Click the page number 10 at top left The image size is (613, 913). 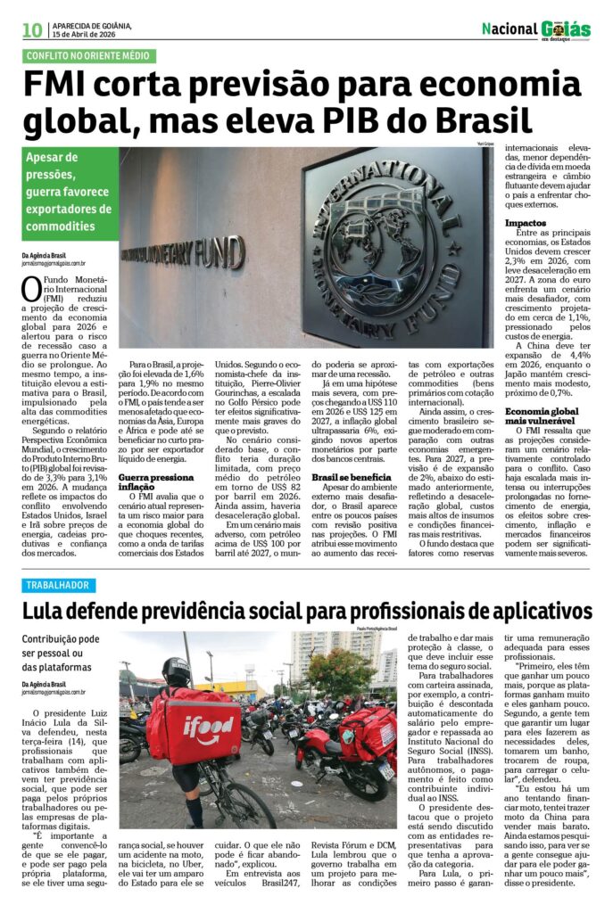(x=32, y=29)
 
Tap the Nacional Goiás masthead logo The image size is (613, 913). (x=536, y=29)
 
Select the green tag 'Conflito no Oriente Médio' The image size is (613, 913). (x=89, y=56)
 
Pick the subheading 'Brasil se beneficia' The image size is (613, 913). (x=347, y=477)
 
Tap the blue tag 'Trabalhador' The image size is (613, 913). (x=58, y=585)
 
